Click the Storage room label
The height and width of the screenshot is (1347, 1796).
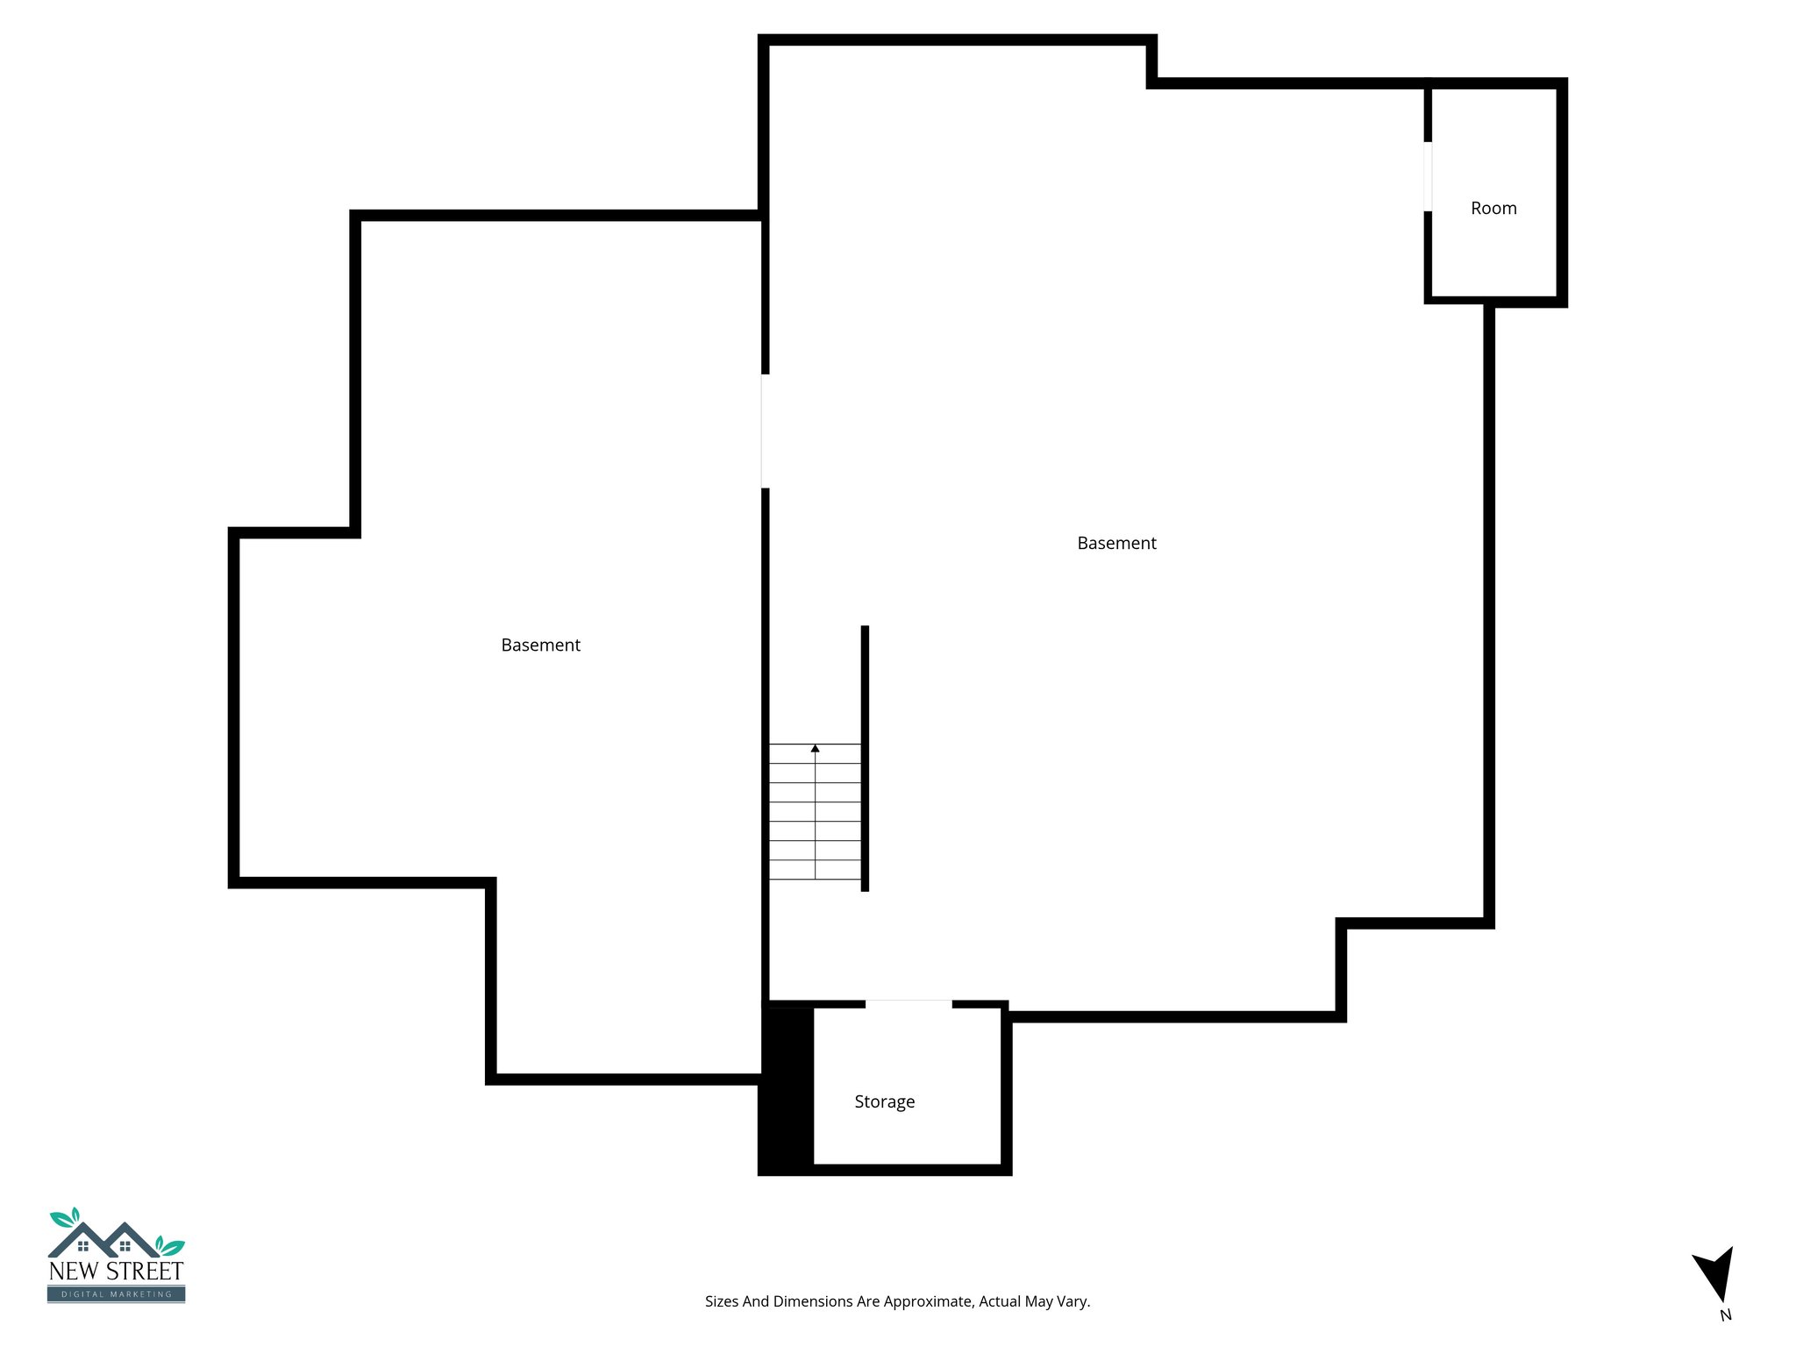click(x=884, y=1101)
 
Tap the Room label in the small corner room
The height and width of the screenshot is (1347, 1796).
click(x=1493, y=209)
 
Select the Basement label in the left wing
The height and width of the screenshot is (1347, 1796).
click(x=540, y=645)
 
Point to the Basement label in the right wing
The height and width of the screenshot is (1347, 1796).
click(x=1116, y=544)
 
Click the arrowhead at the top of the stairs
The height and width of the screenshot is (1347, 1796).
click(x=815, y=748)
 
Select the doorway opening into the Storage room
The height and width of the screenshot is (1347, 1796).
click(x=909, y=1004)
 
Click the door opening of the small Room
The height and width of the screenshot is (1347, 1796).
click(x=1428, y=176)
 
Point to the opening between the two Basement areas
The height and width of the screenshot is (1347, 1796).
click(x=765, y=431)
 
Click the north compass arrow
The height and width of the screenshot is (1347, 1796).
click(x=1716, y=1272)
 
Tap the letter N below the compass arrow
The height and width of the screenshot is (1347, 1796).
click(x=1725, y=1315)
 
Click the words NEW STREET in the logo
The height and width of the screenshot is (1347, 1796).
click(x=116, y=1271)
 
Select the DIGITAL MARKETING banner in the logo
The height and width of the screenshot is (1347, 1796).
click(x=116, y=1294)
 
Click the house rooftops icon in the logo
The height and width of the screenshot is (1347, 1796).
click(x=103, y=1239)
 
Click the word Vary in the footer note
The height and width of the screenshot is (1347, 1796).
click(x=1074, y=1301)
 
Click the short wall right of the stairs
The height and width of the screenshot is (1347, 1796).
click(x=865, y=759)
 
